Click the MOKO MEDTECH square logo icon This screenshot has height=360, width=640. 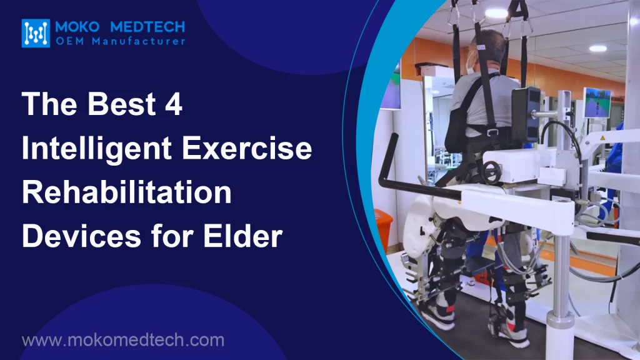point(36,33)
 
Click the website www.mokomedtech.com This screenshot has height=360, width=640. point(122,341)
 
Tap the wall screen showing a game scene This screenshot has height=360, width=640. point(596,102)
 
